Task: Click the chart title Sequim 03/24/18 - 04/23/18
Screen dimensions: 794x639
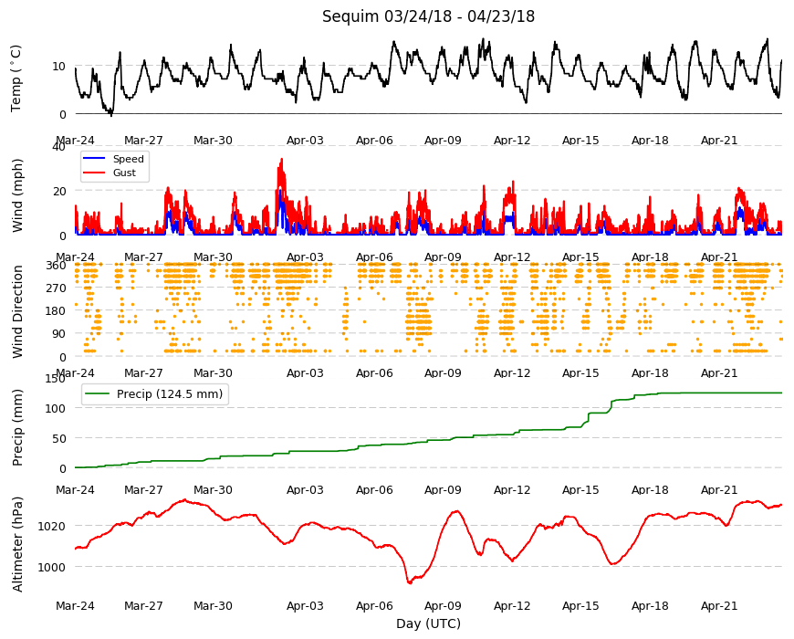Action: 428,16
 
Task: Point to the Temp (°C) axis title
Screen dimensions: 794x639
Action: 16,79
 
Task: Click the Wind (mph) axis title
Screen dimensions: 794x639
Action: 17,195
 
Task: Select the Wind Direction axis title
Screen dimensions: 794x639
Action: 17,312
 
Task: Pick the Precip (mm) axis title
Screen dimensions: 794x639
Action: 17,427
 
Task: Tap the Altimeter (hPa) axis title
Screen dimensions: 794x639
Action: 17,544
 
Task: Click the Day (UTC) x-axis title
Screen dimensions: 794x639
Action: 428,623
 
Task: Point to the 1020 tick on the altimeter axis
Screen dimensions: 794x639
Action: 52,526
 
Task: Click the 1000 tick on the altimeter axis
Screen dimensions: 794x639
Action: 52,568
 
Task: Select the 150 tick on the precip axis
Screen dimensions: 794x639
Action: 55,378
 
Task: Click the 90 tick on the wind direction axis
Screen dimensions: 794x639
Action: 58,334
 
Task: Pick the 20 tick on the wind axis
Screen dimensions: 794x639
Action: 58,191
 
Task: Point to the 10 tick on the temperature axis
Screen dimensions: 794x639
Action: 58,66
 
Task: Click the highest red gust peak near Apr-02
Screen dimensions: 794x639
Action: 281,159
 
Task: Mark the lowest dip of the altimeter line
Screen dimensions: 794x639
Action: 410,583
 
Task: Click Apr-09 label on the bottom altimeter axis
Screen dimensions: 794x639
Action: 443,606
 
